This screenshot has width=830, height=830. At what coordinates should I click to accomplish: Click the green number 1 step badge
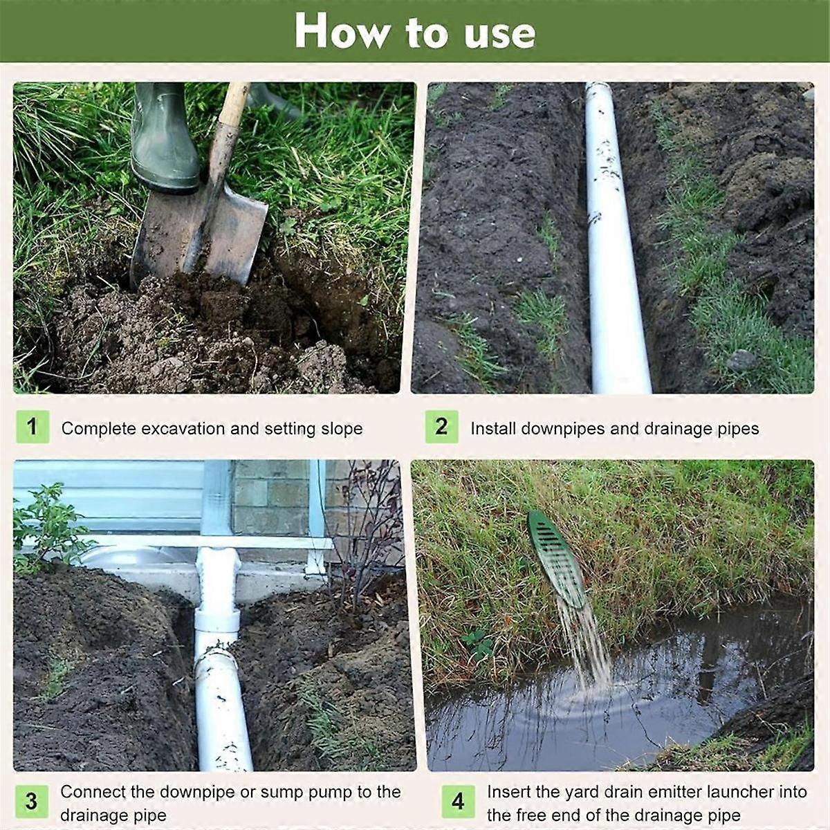coord(32,427)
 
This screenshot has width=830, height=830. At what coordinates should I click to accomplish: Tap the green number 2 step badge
coord(441,427)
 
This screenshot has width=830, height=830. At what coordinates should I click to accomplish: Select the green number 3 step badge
coord(32,802)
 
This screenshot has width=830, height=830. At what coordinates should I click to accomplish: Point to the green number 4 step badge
coord(458,802)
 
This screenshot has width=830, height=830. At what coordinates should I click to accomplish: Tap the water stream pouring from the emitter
coord(584,643)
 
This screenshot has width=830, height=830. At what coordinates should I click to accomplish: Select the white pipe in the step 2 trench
coord(612,263)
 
